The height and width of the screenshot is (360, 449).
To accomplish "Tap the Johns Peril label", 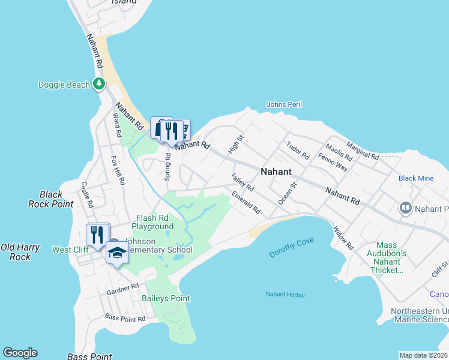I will click(x=284, y=104).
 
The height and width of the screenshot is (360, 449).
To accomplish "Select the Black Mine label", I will click(x=416, y=178).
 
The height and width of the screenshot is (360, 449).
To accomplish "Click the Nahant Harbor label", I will click(x=286, y=295).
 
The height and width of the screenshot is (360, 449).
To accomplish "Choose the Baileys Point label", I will click(x=166, y=298).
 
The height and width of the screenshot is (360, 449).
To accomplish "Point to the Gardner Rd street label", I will click(x=123, y=289).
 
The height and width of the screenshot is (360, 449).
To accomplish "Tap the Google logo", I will click(x=20, y=353).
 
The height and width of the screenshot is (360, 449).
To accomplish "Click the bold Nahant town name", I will click(x=276, y=172).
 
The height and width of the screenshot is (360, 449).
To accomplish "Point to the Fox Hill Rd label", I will click(x=118, y=170).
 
